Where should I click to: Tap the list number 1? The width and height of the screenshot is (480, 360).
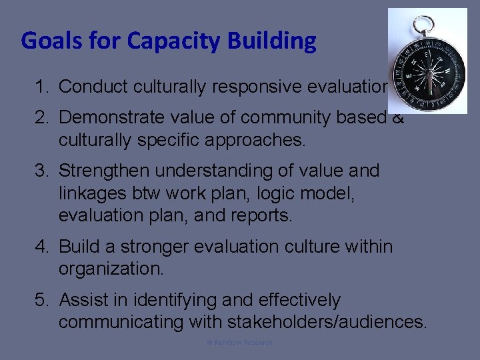point(42,87)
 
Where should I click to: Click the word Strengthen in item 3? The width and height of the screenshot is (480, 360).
point(102,171)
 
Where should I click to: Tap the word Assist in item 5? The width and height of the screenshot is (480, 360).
point(80,300)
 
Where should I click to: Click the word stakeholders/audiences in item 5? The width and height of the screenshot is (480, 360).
point(327,322)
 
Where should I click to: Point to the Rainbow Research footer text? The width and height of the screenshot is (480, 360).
point(239,342)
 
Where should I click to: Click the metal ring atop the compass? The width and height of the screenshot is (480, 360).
point(423,26)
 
